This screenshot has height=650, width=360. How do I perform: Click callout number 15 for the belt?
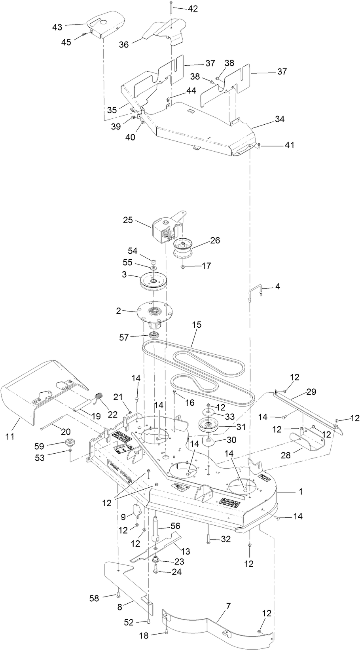[x=197, y=325]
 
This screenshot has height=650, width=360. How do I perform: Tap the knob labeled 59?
[x=70, y=443]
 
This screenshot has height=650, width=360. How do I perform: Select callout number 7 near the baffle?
[x=228, y=606]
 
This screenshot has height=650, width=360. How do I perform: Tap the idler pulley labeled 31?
[x=208, y=427]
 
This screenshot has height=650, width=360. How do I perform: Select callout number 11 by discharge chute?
[x=10, y=436]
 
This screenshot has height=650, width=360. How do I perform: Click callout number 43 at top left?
[x=57, y=27]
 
